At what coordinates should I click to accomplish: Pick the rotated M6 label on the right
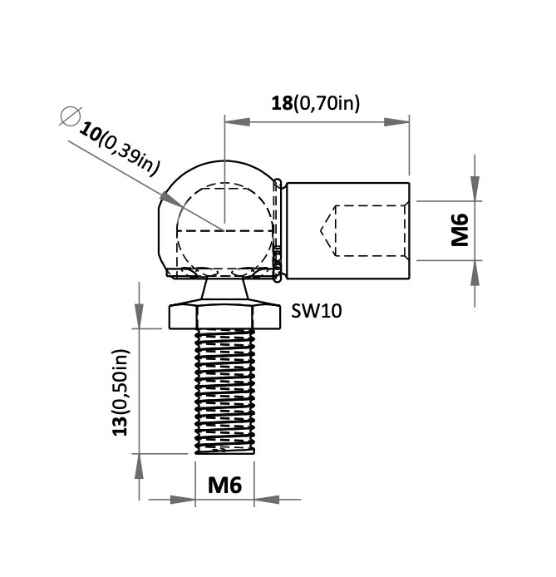[460, 230]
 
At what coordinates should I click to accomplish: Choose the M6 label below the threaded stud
[224, 485]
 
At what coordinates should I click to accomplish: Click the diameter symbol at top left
[70, 116]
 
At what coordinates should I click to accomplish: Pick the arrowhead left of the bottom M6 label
[184, 499]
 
